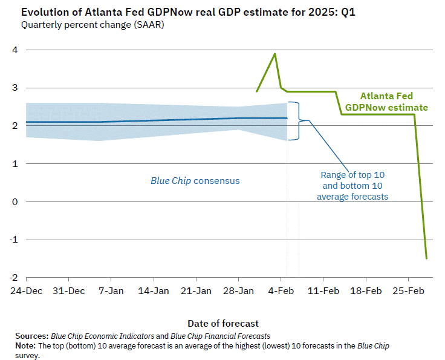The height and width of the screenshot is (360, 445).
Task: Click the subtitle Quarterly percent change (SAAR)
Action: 93,25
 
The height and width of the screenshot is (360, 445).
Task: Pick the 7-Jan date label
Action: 111,291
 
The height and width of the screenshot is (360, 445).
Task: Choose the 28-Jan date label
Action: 239,291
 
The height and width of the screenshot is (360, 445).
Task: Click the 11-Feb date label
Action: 323,291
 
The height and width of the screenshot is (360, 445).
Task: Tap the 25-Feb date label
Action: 408,291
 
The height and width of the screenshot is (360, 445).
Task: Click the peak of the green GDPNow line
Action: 275,53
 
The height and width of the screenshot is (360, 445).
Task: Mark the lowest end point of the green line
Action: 426,258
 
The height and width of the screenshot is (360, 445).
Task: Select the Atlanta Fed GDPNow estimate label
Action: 386,102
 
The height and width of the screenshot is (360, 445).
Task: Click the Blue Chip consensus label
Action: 195,180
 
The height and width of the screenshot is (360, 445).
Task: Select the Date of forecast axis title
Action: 223,323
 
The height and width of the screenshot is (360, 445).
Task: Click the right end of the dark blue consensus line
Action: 287,118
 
